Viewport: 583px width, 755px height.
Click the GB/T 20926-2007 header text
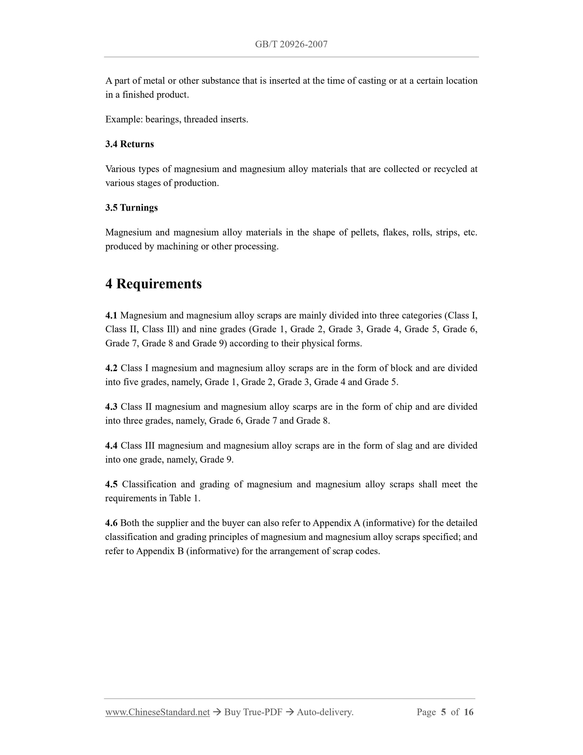(291, 44)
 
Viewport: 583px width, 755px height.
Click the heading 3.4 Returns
(129, 144)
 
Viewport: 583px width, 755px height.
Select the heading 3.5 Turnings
(131, 207)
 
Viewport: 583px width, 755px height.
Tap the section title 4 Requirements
(153, 284)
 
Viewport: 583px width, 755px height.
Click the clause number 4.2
(111, 368)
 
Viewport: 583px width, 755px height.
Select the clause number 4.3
(111, 407)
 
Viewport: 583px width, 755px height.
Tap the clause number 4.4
(111, 445)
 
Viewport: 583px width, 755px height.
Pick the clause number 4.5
(111, 484)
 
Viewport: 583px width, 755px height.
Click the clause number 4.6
(111, 523)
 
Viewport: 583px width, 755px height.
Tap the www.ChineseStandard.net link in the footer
(158, 712)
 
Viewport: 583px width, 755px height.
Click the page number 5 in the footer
(443, 712)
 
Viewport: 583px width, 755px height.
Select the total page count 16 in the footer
(468, 712)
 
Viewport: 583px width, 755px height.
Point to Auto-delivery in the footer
(325, 712)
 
